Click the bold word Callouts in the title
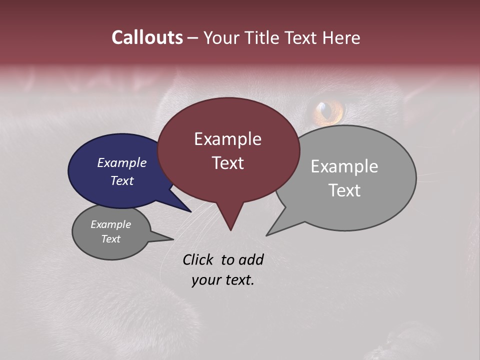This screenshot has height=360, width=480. click(x=147, y=37)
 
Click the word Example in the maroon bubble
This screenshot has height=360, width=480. click(x=227, y=139)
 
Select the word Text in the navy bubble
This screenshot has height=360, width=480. click(x=122, y=181)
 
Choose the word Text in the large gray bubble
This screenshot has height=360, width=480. click(x=344, y=190)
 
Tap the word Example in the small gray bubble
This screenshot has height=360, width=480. click(x=111, y=224)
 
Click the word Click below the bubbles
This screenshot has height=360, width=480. click(x=199, y=259)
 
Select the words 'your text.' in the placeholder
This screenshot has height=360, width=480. click(x=223, y=280)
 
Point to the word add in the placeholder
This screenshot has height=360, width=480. click(x=250, y=259)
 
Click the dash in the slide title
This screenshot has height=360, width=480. click(x=193, y=38)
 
